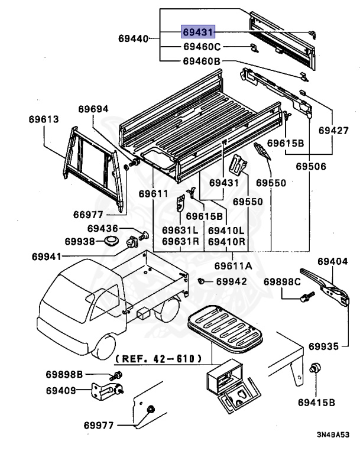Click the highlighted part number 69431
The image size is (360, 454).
(199, 33)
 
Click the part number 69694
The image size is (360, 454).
(93, 109)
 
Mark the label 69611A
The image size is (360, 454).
(233, 266)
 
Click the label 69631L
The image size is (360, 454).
(180, 231)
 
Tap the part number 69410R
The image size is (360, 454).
(226, 242)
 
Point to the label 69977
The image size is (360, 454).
(99, 424)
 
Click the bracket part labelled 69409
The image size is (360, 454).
(108, 390)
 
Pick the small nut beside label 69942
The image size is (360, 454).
(202, 281)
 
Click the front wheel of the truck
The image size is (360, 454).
(108, 345)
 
